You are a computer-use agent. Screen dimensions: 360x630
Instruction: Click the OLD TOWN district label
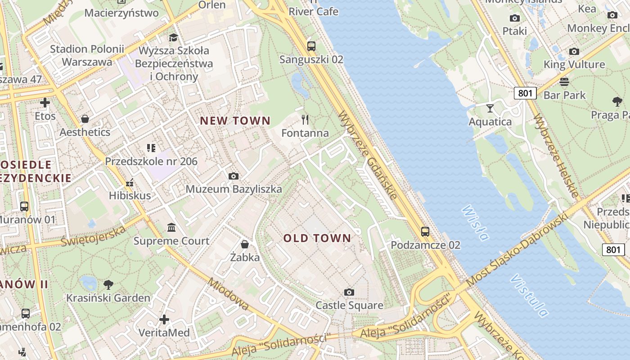tap(317, 238)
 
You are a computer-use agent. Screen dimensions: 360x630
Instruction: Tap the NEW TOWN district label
tap(235, 121)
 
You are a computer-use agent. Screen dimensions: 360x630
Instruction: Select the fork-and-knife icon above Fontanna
tap(305, 119)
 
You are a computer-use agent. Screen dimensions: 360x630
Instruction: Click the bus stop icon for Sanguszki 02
tap(311, 46)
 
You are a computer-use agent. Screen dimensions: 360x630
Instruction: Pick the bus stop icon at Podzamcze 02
tap(425, 232)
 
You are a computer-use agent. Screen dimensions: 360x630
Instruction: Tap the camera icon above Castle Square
tap(349, 292)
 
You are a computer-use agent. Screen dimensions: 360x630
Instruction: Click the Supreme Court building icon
tap(171, 228)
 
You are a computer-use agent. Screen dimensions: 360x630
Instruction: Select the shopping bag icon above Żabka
tap(245, 244)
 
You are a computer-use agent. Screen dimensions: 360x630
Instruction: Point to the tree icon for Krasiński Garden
tap(108, 284)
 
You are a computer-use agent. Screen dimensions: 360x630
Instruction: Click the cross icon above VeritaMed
tap(164, 319)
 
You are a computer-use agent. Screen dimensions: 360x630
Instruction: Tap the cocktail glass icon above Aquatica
tap(490, 108)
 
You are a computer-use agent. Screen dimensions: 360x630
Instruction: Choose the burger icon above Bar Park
tap(564, 82)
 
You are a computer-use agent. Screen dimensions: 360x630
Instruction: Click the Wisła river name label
tap(475, 223)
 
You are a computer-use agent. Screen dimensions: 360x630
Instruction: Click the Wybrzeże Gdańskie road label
tap(368, 155)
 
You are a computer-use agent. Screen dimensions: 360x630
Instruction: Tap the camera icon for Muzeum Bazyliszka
tap(233, 176)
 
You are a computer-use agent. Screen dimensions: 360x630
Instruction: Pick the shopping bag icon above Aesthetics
tap(85, 119)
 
